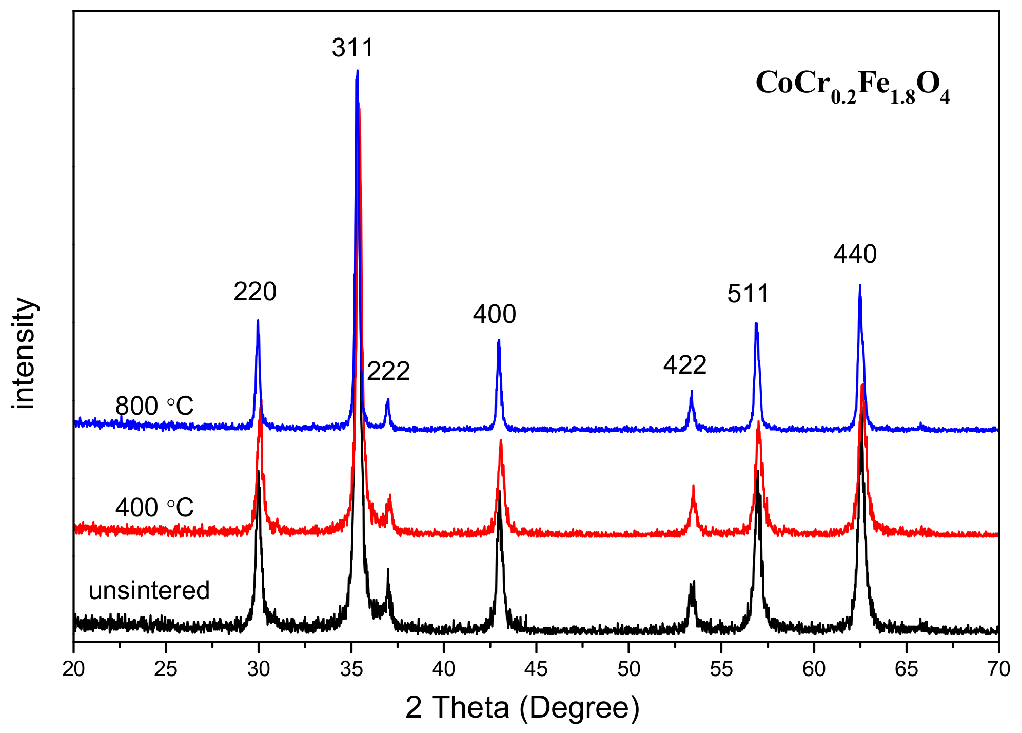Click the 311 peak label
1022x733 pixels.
click(x=353, y=48)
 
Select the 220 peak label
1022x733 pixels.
click(x=255, y=292)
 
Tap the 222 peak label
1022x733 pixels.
click(x=388, y=371)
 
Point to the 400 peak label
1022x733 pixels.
click(x=494, y=314)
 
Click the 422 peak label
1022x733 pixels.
click(x=685, y=365)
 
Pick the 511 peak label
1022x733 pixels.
click(x=748, y=294)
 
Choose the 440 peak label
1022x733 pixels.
click(x=855, y=254)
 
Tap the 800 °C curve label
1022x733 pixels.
click(x=154, y=406)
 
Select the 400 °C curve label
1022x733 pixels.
click(x=154, y=508)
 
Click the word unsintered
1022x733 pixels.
click(x=149, y=590)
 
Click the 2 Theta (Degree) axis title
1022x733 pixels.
click(x=522, y=707)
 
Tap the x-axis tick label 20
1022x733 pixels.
click(x=73, y=669)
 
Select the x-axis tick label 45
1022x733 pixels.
click(x=536, y=669)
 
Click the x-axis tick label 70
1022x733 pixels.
click(x=998, y=669)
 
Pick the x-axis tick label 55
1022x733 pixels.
click(x=721, y=669)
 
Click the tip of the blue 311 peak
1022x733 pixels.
click(x=357, y=71)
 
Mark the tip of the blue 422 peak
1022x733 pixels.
click(x=692, y=391)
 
